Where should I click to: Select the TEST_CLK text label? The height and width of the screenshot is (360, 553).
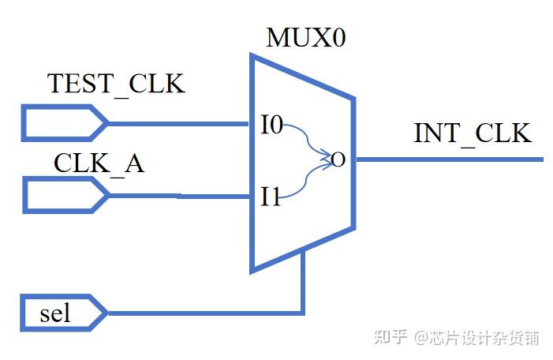point(116,84)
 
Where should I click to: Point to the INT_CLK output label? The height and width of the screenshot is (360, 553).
point(473,133)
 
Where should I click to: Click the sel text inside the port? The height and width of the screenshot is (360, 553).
point(54,313)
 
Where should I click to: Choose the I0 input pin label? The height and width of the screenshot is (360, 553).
point(272,125)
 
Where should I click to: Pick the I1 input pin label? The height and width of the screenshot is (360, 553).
point(271,197)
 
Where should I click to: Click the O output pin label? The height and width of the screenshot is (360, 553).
point(338,160)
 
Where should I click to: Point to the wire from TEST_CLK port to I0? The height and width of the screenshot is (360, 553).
point(177,123)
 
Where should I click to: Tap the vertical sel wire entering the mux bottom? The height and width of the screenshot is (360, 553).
point(302,284)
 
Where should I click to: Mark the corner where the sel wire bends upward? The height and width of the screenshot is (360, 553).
point(302,313)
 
